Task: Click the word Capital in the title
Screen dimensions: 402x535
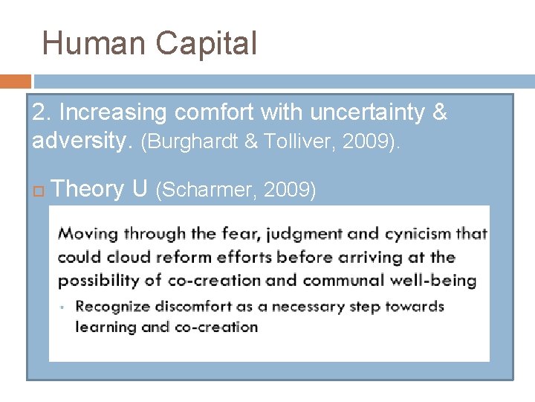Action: tap(206, 43)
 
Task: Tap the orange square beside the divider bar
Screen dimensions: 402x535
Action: tap(16, 81)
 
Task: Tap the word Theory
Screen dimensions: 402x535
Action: tap(88, 190)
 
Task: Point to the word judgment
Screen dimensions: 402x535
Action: tap(301, 234)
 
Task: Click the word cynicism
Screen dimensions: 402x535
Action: tap(418, 234)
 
